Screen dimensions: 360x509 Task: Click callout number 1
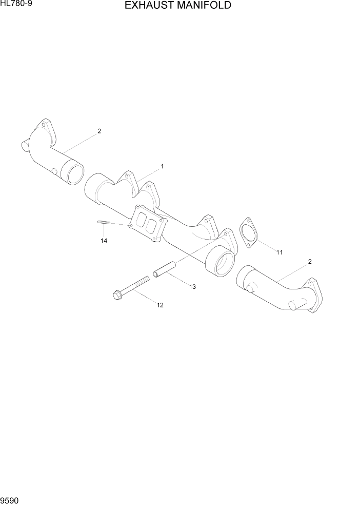162,166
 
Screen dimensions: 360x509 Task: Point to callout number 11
279,252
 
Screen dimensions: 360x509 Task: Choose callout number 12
160,305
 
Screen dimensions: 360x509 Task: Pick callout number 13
192,287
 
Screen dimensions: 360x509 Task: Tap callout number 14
104,241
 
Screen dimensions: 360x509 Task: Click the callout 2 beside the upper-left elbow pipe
99,131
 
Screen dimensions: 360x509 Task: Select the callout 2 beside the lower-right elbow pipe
310,262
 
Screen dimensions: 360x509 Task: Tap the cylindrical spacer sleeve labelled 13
164,269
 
